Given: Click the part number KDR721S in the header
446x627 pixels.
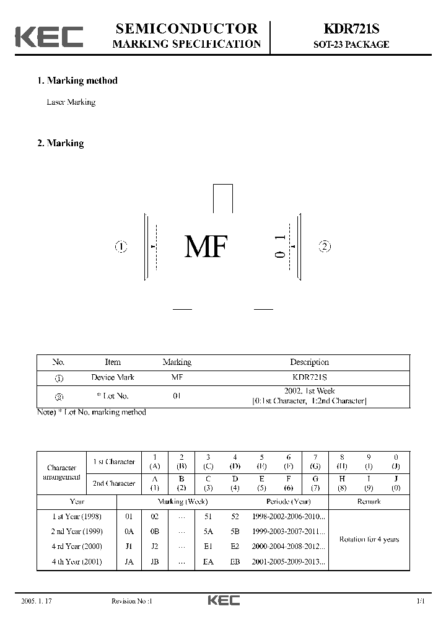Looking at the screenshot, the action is pos(350,29).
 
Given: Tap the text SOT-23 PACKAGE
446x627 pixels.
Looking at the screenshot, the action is pos(351,45).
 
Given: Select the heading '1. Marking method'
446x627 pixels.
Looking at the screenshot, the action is pos(77,81).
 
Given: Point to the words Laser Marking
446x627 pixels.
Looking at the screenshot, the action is pos(71,102).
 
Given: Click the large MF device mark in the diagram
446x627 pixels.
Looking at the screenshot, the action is pos(206,247).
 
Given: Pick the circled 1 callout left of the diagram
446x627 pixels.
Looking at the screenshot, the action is pos(121,247).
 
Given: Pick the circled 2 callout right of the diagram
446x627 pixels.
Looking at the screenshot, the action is pos(325,247).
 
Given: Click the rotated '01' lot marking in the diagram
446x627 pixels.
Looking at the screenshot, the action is pos(281,246).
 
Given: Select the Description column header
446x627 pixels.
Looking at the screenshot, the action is pos(309,362).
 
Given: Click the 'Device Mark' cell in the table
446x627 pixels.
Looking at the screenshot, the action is pos(113,377).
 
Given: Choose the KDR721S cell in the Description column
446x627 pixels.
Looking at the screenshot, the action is pos(309,377).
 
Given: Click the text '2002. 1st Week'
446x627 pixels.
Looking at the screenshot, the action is pos(310,392).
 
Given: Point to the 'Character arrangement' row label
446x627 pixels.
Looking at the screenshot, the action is pos(61,473).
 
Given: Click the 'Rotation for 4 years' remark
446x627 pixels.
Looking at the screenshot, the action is pos(369,540).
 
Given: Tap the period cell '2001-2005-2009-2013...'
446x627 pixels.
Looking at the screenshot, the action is pos(289,562).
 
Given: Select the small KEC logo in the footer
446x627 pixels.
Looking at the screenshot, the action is pos(223,600).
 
